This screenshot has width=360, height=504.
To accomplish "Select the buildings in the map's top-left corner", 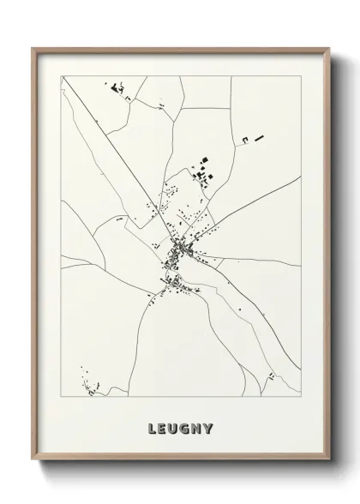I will click(x=117, y=87).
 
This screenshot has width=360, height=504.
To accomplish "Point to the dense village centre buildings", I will click(x=182, y=249).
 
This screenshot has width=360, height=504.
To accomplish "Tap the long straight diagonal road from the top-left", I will click(x=111, y=146).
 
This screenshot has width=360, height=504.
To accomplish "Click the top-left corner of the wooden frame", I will click(x=33, y=49).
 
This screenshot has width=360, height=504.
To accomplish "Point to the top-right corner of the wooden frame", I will click(x=328, y=49).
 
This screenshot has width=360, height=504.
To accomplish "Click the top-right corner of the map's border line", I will click(x=301, y=75).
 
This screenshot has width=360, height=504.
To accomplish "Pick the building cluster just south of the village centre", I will click(x=172, y=282).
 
